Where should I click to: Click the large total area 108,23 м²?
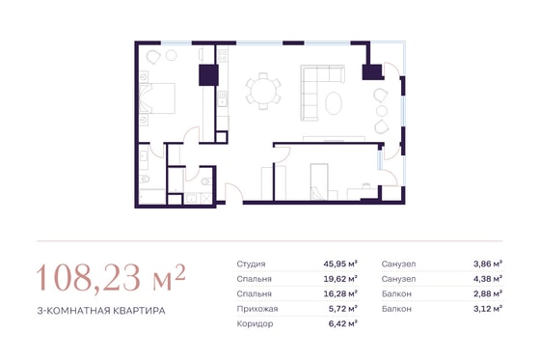point(111,278)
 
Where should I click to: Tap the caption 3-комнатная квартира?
point(101,311)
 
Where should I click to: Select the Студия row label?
point(251,264)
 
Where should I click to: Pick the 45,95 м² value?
point(340,263)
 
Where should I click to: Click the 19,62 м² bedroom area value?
point(340,279)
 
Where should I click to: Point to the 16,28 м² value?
point(340,293)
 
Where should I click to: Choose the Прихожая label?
point(257,309)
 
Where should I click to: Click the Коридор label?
point(255,324)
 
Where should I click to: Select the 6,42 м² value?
point(342,323)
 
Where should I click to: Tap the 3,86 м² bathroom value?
point(488,263)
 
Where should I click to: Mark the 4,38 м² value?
point(488,279)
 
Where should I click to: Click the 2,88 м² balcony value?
point(488,293)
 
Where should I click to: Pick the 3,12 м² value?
point(488,309)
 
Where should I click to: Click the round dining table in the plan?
point(263,92)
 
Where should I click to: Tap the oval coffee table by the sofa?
point(334,102)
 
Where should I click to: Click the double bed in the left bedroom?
point(157,98)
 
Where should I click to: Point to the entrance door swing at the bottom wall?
point(233,193)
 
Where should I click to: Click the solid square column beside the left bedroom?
point(208,75)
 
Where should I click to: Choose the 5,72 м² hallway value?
point(342,309)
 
